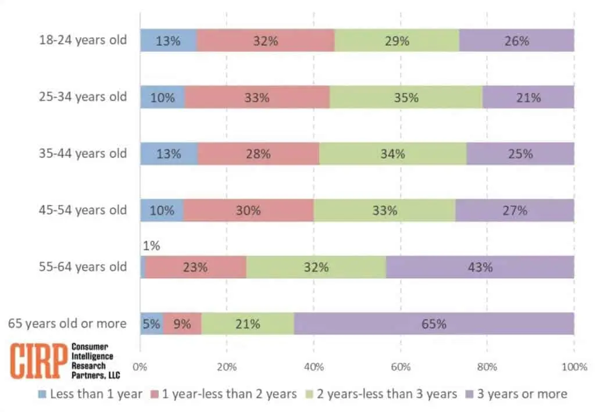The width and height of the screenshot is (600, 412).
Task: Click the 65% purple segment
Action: (x=434, y=324)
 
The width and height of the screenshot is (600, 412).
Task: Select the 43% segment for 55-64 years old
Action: (x=480, y=267)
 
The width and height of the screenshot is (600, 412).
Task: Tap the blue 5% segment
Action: (x=152, y=324)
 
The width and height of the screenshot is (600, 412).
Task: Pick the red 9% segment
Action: (x=182, y=324)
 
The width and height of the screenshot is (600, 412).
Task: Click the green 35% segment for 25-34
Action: (x=406, y=98)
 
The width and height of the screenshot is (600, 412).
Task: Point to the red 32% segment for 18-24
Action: (x=265, y=41)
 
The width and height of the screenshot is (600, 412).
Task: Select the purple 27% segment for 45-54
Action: (x=515, y=210)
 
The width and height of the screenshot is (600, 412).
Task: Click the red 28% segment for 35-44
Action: (x=258, y=154)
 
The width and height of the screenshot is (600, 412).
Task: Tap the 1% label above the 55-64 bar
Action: (x=151, y=246)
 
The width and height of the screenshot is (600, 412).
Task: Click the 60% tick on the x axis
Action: (x=401, y=367)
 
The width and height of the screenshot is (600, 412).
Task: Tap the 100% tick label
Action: (x=574, y=367)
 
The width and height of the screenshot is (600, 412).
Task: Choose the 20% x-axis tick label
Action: (x=227, y=367)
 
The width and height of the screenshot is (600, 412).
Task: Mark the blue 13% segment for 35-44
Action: (x=169, y=154)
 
